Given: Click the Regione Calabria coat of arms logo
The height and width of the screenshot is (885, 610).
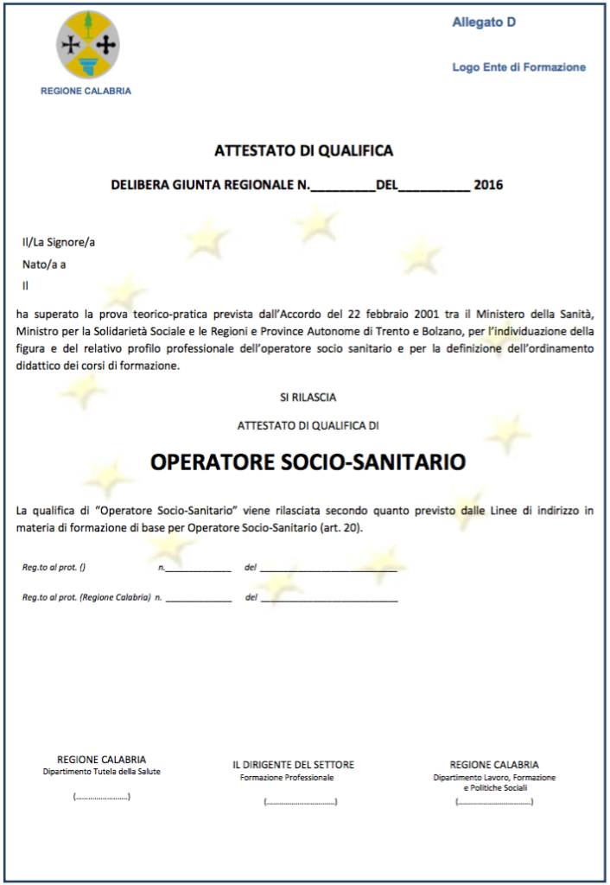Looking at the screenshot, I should coord(87,44).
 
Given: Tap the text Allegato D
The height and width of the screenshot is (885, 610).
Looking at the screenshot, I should coord(484,22).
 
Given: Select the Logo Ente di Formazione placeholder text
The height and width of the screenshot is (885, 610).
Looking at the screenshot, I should coord(518,67).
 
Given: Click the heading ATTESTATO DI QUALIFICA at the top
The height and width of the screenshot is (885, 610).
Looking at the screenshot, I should coord(304,151).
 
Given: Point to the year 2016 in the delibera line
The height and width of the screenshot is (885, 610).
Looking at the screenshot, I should coord(489,185).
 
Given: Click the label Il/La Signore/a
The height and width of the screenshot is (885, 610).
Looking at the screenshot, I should coord(59,242).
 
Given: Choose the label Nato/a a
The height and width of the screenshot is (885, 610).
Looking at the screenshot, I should coord(44,264).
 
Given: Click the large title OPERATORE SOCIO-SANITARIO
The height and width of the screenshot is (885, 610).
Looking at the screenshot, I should coord(308,462).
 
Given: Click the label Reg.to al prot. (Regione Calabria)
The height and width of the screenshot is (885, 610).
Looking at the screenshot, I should coord(86,597).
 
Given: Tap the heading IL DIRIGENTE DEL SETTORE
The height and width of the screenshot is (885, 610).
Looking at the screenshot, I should coord(293,765).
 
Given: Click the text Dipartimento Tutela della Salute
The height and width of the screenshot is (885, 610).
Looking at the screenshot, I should coord(102,772).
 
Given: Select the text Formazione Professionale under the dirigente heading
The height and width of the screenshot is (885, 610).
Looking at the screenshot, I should coord(287,778).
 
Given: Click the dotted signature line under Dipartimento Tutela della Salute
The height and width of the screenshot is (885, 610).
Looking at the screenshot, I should coord(102,797).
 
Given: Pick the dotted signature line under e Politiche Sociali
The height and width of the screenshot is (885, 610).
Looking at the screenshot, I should coord(494,802).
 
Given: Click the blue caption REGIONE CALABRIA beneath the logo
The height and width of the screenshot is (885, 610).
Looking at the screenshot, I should coord(86,91).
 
